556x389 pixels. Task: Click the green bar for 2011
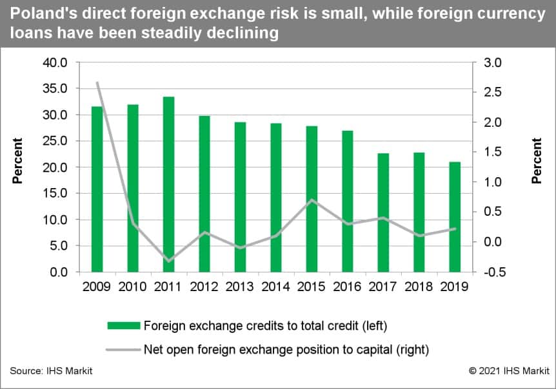168,187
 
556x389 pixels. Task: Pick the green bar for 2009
97,189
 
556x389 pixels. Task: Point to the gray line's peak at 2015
312,200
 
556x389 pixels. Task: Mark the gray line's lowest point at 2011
168,261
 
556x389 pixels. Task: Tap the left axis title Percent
17,161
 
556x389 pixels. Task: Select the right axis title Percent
537,161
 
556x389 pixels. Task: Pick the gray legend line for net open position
124,350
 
